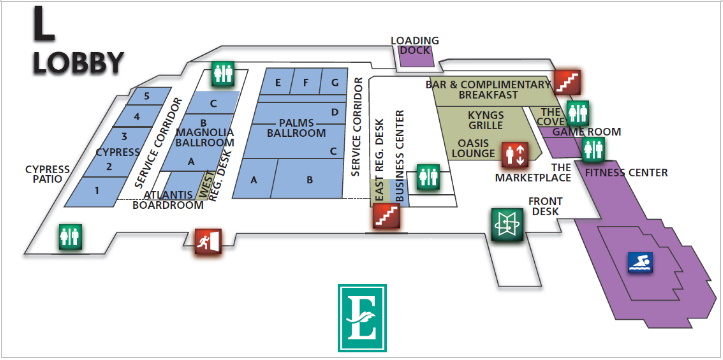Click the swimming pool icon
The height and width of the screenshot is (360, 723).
tap(640, 262)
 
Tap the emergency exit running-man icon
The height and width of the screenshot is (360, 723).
tap(208, 242)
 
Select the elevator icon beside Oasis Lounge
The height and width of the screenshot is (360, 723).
tap(515, 154)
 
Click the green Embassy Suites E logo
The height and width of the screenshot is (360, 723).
tap(362, 318)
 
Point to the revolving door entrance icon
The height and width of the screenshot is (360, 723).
tap(507, 224)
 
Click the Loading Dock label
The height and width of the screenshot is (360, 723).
tap(415, 45)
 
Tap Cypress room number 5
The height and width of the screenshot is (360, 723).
tap(147, 96)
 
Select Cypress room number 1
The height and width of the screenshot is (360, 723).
tap(97, 189)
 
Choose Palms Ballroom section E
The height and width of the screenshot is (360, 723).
tap(278, 83)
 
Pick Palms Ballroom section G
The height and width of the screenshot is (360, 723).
tap(335, 83)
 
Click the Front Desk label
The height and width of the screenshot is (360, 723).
tap(545, 206)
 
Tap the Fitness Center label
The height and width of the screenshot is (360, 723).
tap(626, 173)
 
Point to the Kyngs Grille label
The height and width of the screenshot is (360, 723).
tap(486, 119)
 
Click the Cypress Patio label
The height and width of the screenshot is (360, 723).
tap(47, 174)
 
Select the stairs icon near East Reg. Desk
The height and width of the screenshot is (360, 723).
tap(386, 216)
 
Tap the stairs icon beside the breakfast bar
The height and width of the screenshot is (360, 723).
tap(567, 83)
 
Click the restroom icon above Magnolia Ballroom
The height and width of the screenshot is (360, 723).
tap(224, 74)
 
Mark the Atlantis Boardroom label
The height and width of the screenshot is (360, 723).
tap(168, 200)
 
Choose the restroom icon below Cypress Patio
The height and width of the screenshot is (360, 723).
tap(70, 237)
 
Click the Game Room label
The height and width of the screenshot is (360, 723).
tap(587, 132)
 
